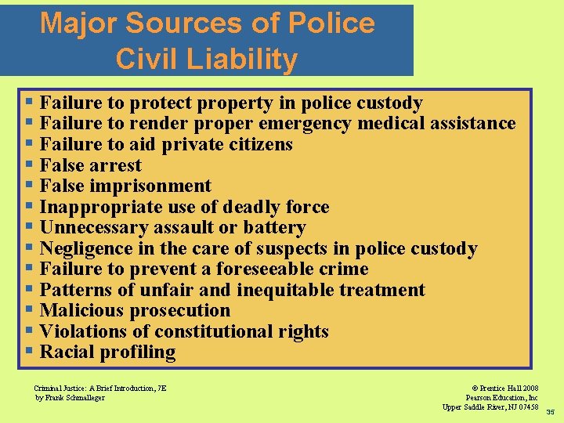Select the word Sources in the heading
tap(189, 23)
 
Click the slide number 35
tap(550, 412)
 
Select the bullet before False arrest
tap(30, 165)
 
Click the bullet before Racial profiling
tap(30, 352)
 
